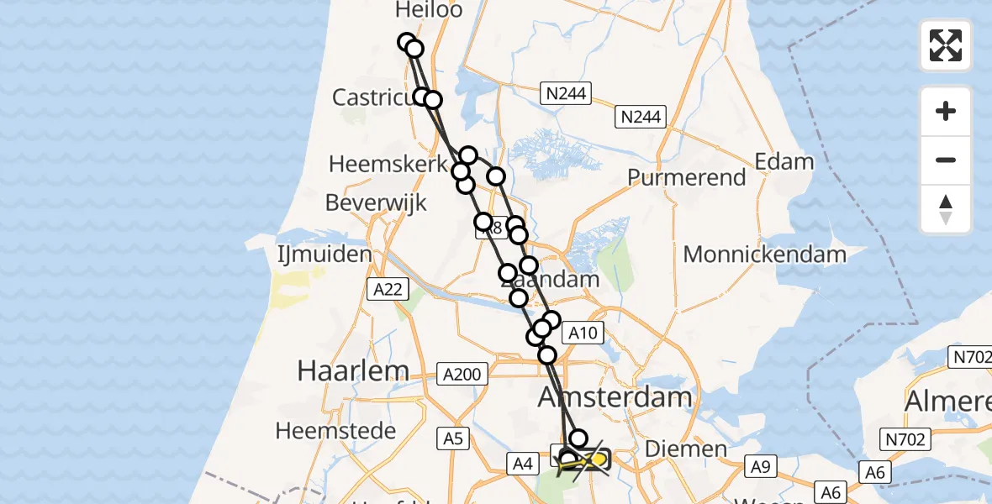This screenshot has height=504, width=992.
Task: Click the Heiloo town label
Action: tap(430, 9)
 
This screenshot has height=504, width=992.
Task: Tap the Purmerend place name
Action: tap(687, 177)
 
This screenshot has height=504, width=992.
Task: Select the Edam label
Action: tap(784, 161)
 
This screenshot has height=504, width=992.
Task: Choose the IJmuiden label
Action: tap(325, 254)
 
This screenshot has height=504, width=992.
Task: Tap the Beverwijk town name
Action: tap(376, 202)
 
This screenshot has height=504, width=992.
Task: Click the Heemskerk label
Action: tap(388, 164)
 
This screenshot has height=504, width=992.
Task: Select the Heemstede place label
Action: tap(336, 431)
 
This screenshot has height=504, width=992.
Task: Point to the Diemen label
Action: tap(686, 449)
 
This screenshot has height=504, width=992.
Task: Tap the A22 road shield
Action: tap(387, 290)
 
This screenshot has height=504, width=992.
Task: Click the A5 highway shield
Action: tap(454, 437)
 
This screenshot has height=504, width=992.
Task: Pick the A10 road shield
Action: tap(582, 333)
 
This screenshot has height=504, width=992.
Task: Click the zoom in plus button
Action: tap(946, 111)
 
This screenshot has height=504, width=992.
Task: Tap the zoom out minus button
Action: tap(946, 160)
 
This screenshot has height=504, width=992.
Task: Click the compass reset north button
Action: tap(946, 209)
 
